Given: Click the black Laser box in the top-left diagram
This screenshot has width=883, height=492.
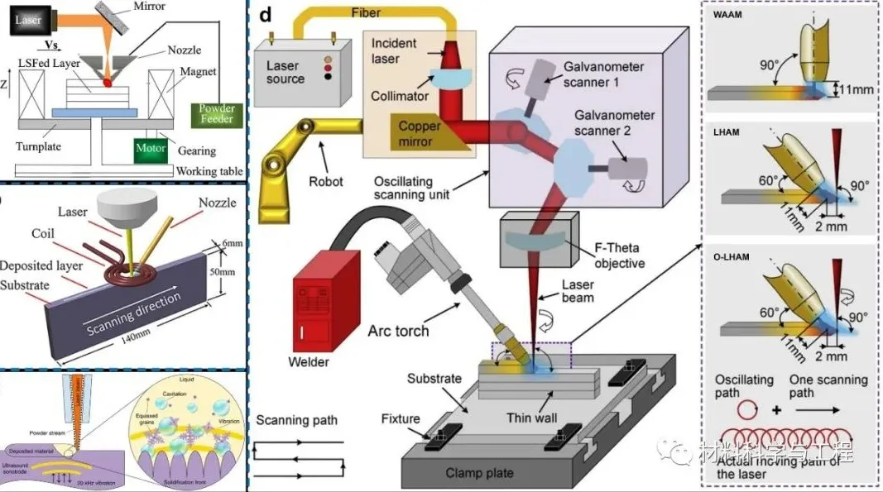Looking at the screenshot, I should (x=30, y=21).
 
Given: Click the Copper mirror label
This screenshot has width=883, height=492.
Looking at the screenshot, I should (x=420, y=133).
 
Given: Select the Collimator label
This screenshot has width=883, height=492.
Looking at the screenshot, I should (x=401, y=96).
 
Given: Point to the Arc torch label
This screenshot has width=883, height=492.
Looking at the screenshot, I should (x=399, y=331).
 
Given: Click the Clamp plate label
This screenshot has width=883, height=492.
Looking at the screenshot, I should (x=479, y=473).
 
